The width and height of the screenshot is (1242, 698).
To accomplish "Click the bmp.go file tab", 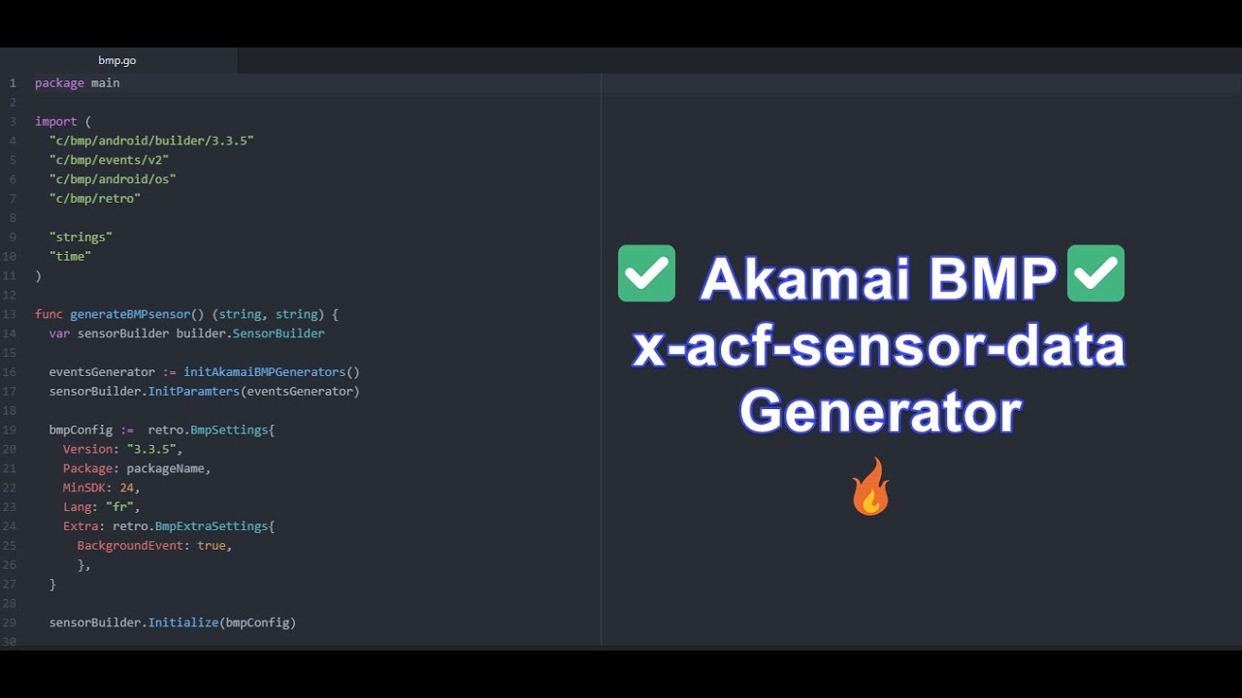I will click(x=116, y=60).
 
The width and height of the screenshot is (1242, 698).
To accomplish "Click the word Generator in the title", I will click(x=879, y=412).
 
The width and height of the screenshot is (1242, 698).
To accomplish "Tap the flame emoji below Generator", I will click(x=870, y=487).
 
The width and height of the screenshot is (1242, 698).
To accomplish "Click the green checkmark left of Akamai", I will click(x=646, y=273).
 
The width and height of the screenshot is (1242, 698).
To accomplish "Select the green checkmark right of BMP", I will click(x=1095, y=273).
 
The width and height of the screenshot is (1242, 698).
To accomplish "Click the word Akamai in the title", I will click(x=804, y=279).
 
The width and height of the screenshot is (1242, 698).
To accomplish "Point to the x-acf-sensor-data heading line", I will click(x=878, y=347).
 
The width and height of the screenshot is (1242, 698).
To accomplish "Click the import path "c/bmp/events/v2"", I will click(x=109, y=160).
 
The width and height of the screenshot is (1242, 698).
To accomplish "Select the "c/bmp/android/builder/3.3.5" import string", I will click(x=151, y=141).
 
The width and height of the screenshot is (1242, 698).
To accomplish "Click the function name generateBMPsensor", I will click(x=130, y=314).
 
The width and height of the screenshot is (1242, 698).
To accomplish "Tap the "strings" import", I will click(x=81, y=237).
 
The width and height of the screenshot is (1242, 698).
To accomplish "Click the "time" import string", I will click(x=70, y=256).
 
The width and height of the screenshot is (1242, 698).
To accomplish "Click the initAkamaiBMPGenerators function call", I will click(x=264, y=372).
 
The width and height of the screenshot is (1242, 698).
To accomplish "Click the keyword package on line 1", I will click(x=59, y=83).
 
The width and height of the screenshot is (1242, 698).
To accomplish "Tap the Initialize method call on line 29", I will click(x=183, y=622).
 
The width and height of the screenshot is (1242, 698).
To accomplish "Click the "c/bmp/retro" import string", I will click(x=95, y=199).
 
